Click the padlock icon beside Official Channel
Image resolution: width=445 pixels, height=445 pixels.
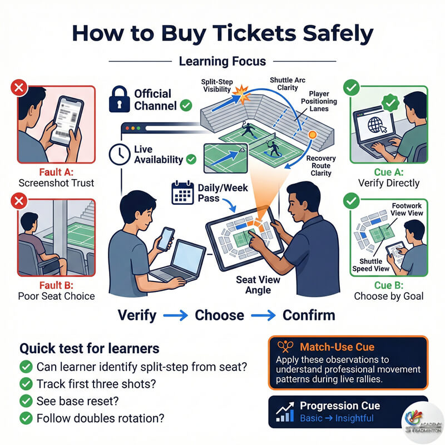(119, 99)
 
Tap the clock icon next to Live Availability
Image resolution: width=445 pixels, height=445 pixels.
(120, 155)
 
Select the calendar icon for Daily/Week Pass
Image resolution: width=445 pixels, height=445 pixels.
(183, 192)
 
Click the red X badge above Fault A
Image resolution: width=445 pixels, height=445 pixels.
(19, 88)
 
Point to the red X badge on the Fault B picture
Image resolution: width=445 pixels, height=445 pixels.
(19, 201)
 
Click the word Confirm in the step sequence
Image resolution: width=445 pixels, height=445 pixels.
(309, 315)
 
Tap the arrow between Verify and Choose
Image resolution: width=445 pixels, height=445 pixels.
(175, 315)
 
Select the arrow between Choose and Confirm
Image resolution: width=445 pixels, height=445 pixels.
(263, 315)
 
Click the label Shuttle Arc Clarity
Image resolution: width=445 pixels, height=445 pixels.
(288, 84)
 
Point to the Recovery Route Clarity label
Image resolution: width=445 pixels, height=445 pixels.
(321, 165)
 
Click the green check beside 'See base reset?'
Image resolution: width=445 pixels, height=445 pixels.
(26, 401)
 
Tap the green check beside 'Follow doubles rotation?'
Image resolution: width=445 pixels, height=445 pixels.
(26, 418)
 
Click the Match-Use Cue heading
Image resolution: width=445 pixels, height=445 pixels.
(337, 347)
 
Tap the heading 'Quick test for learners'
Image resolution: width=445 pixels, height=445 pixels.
(90, 348)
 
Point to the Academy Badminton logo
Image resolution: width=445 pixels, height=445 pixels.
(423, 423)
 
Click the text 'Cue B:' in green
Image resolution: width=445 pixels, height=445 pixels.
(388, 285)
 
